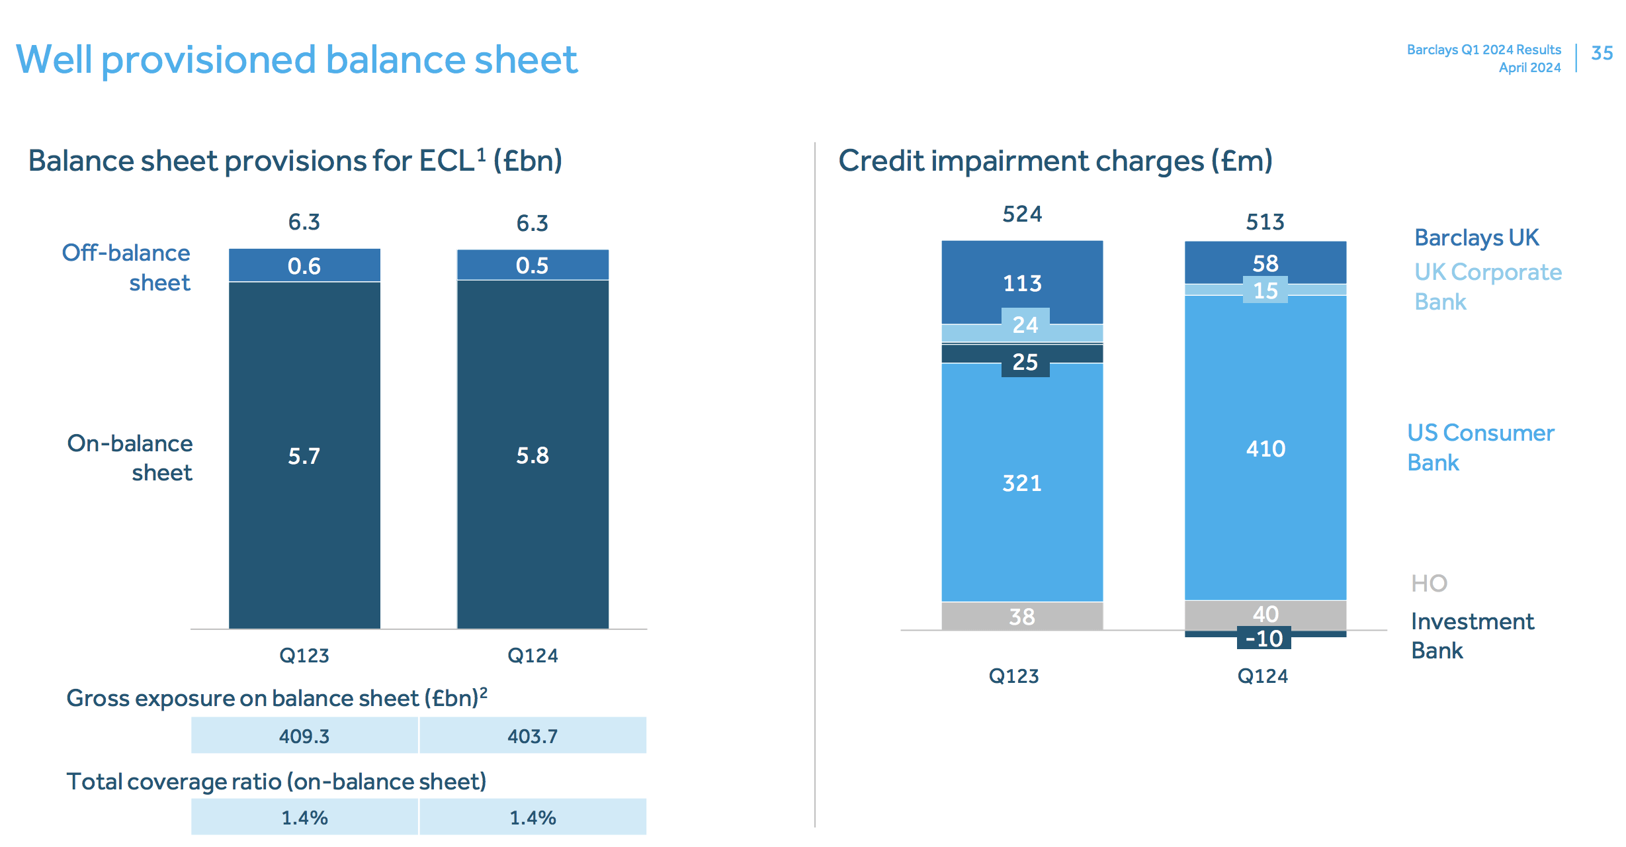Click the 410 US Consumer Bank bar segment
(x=1265, y=449)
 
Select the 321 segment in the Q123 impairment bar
(x=1022, y=483)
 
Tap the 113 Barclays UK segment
(x=1022, y=283)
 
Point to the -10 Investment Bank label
(x=1263, y=639)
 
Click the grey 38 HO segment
(x=1022, y=617)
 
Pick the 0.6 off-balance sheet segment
(x=304, y=266)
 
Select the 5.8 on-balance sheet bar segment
(x=533, y=455)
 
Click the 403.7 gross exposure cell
(x=533, y=736)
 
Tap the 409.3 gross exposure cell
(x=304, y=736)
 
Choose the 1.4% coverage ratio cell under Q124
(x=533, y=818)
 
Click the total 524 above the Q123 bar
(x=1022, y=214)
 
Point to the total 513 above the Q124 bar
(x=1265, y=222)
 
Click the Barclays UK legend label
(x=1476, y=238)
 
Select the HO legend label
(x=1429, y=583)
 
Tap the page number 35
(x=1602, y=53)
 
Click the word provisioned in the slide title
(x=208, y=60)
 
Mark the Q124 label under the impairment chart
(x=1262, y=676)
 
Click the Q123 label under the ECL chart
(x=304, y=656)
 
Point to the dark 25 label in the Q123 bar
(x=1025, y=362)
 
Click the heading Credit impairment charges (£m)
(x=1055, y=161)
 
